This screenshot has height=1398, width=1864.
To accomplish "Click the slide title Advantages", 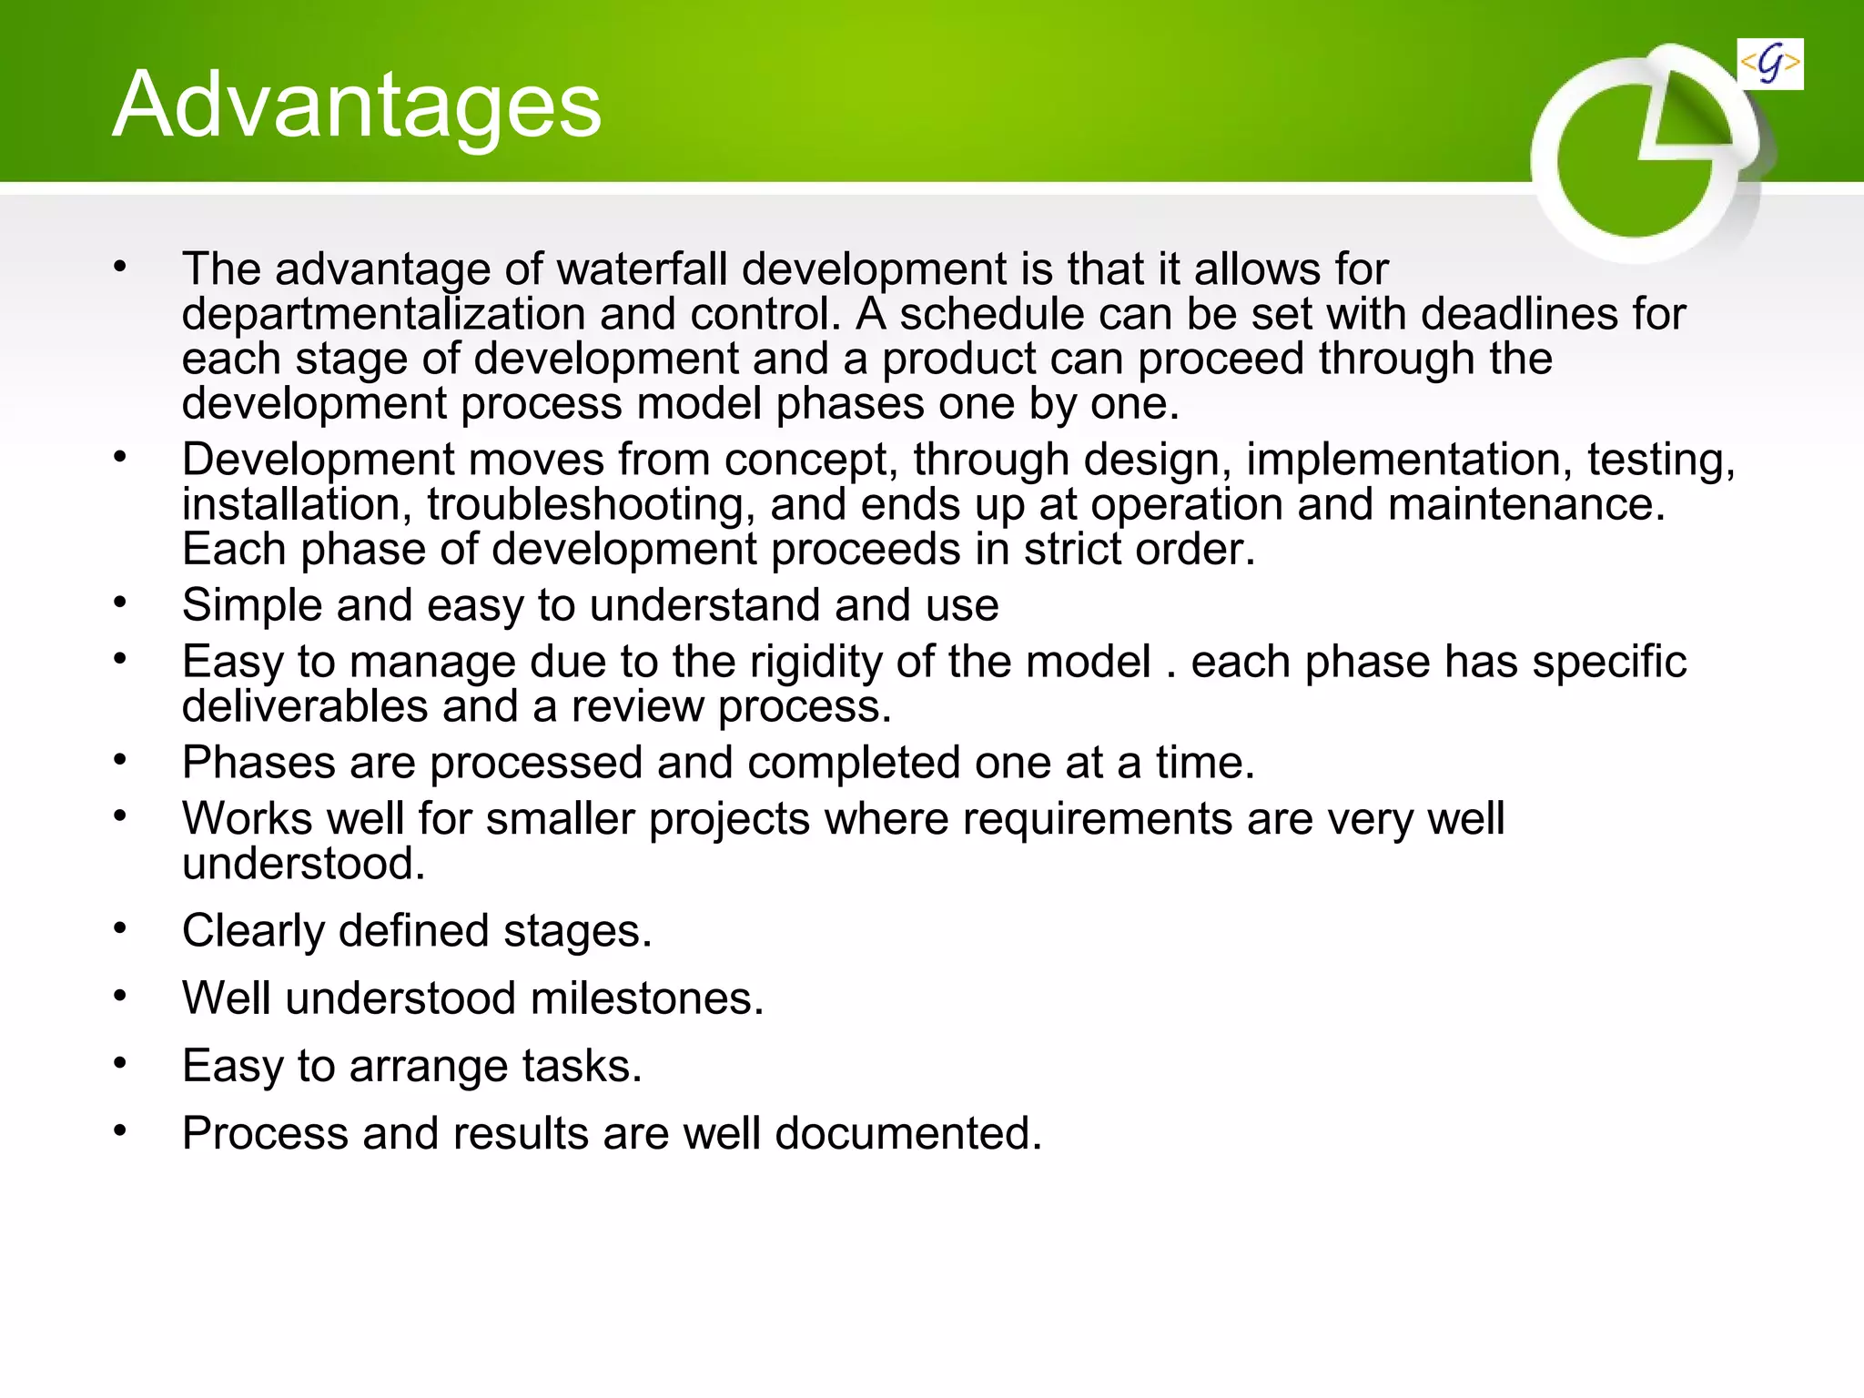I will tap(357, 106).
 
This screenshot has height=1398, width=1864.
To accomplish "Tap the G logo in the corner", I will tap(1769, 64).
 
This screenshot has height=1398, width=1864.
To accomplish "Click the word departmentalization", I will tap(382, 315).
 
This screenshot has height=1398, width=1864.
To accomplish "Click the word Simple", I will tap(252, 606).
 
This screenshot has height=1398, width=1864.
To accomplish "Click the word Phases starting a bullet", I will tap(258, 763).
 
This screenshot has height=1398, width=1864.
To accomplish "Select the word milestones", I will tap(646, 998).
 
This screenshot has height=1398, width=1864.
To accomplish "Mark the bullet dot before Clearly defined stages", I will tap(120, 928).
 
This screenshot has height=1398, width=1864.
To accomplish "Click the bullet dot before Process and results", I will tap(120, 1131).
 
